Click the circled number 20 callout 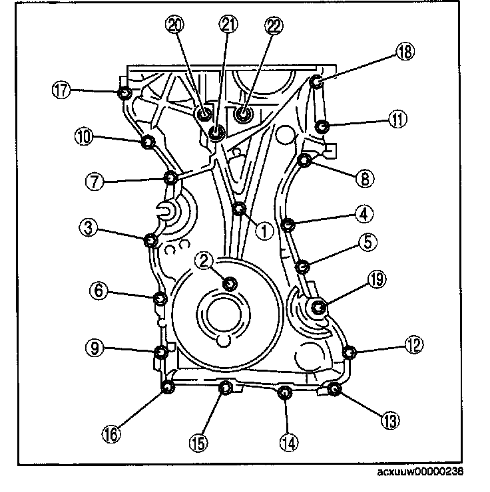coord(175,25)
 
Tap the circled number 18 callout coord(405,52)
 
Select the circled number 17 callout coord(61,90)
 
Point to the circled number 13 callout coord(390,420)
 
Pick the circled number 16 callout coord(111,435)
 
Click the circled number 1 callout coord(264,231)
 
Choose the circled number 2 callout coord(204,261)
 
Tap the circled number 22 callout coord(274,25)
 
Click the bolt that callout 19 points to coord(318,307)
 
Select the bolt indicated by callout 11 coord(322,126)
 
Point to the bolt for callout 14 coord(284,392)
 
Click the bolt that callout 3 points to coord(150,241)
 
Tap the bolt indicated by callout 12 coord(350,352)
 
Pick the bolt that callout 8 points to coord(304,160)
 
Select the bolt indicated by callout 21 coord(216,132)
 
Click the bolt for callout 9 coord(161,352)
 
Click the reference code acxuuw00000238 coord(420,471)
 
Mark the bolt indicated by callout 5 coord(303,267)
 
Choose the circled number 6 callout coord(99,291)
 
